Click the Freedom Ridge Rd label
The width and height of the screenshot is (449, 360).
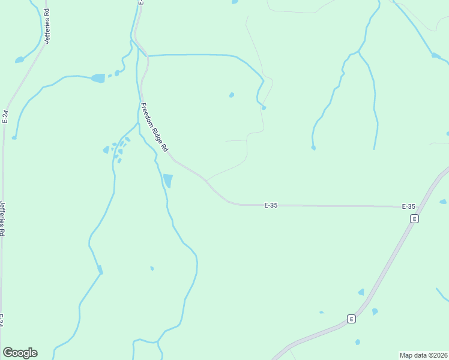[155, 127]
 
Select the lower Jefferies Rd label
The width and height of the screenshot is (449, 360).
[2, 217]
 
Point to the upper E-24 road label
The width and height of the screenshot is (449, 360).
[5, 116]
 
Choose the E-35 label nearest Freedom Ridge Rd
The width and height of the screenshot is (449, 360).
[271, 205]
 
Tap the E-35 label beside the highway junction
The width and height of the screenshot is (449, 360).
[408, 206]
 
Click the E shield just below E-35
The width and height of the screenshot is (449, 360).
[414, 219]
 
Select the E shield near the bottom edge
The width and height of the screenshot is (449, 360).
[351, 319]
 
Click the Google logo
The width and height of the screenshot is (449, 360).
[20, 353]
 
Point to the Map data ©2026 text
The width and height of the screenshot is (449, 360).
[423, 355]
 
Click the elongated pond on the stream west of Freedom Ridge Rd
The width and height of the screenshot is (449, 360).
[98, 78]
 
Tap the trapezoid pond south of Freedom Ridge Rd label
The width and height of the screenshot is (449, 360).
[168, 180]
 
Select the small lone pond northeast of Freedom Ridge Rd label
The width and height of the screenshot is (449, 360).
[232, 95]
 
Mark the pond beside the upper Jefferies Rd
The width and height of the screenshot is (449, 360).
[20, 60]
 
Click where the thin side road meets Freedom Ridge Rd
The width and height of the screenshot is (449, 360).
[206, 180]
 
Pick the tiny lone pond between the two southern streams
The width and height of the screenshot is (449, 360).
[152, 268]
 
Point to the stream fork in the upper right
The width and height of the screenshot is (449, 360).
[358, 52]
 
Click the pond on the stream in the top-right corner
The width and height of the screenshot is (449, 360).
[436, 56]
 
